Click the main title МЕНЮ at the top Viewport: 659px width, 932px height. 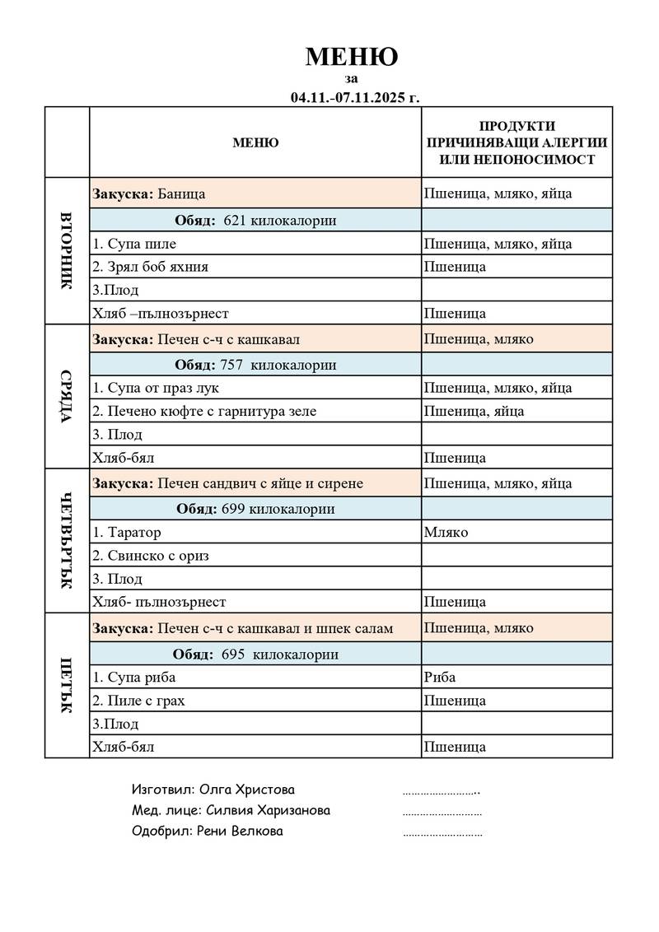click(352, 57)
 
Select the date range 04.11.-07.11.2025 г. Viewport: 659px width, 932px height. click(354, 97)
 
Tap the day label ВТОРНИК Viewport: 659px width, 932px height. click(67, 250)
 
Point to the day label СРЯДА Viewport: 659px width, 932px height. click(67, 396)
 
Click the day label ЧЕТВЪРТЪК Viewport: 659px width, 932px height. click(67, 541)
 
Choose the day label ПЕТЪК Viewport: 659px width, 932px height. click(67, 685)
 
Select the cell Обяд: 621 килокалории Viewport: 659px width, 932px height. click(255, 221)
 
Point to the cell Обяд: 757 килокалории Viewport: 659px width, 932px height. click(255, 365)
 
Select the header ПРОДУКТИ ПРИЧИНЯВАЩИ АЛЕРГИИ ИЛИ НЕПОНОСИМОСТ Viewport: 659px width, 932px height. click(516, 142)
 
